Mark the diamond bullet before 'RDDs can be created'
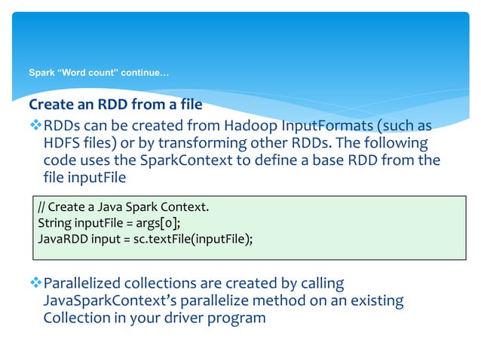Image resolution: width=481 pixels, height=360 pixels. pyautogui.click(x=35, y=125)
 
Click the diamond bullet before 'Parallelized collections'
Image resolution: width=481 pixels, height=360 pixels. pyautogui.click(x=35, y=284)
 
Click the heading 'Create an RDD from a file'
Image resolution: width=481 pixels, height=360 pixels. pyautogui.click(x=115, y=104)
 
